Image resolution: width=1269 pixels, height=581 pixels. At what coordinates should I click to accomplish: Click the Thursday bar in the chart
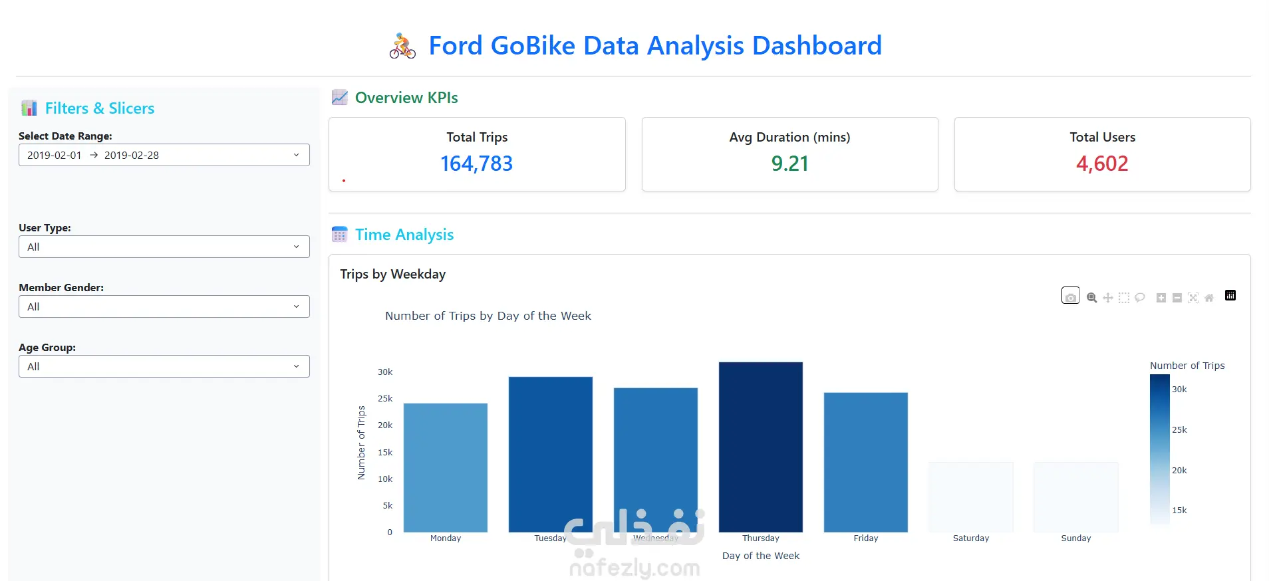tap(760, 447)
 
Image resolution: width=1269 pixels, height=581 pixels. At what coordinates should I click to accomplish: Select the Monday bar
tap(445, 467)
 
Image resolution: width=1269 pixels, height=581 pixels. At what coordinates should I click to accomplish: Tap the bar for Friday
tap(865, 462)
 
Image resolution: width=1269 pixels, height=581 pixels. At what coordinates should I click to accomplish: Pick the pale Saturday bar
tap(970, 497)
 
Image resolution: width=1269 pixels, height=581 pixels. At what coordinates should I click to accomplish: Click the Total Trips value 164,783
tap(476, 164)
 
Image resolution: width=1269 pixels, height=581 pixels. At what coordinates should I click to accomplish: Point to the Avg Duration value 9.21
tap(789, 164)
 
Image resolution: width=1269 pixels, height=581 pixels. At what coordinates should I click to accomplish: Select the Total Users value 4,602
tap(1102, 164)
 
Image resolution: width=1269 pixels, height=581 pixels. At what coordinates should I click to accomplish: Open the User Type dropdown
tap(164, 247)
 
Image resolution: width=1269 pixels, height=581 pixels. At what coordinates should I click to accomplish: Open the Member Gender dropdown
tap(164, 306)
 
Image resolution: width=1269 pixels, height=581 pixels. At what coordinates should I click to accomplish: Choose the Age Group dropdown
tap(164, 366)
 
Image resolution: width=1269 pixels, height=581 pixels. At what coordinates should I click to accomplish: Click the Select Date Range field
tap(164, 155)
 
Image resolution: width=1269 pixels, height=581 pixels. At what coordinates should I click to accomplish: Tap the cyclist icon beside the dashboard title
tap(402, 46)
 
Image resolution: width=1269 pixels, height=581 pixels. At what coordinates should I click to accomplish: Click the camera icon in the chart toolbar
tap(1070, 296)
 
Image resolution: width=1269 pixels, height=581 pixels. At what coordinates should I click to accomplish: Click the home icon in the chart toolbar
tap(1209, 298)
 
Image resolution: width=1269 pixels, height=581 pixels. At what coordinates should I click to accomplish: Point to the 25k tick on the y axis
tap(385, 399)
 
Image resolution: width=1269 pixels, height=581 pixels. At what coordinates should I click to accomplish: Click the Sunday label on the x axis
tap(1075, 538)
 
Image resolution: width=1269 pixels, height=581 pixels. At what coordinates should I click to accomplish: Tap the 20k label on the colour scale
tap(1179, 471)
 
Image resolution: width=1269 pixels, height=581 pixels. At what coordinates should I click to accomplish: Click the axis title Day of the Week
tap(760, 556)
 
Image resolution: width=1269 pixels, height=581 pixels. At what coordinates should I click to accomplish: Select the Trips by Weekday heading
tap(392, 275)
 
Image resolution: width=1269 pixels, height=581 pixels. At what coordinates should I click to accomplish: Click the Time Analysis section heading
tap(404, 235)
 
